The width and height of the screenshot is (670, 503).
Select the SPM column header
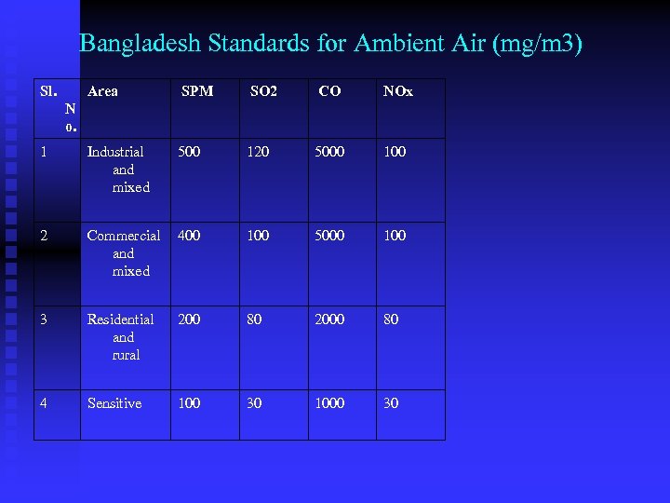(196, 91)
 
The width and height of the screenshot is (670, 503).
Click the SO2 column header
(263, 91)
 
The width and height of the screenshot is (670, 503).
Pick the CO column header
(329, 91)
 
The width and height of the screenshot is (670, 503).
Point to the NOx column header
(398, 91)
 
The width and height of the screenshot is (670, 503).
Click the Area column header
(102, 91)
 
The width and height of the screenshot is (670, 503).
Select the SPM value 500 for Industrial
(189, 152)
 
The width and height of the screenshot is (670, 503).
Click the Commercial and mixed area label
(123, 253)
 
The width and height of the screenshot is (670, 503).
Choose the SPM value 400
(189, 236)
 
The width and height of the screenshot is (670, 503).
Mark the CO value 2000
(329, 319)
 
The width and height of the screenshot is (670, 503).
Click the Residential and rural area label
(121, 337)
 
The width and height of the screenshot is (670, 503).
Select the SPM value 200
(189, 319)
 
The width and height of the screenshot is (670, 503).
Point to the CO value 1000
(329, 403)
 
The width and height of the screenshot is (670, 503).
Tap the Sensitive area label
(114, 403)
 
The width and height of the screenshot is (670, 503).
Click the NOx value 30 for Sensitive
(391, 403)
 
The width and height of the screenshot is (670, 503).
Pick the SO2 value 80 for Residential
(254, 319)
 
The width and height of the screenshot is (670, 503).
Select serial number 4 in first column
(45, 403)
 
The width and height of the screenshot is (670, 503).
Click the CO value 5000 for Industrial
(329, 152)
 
